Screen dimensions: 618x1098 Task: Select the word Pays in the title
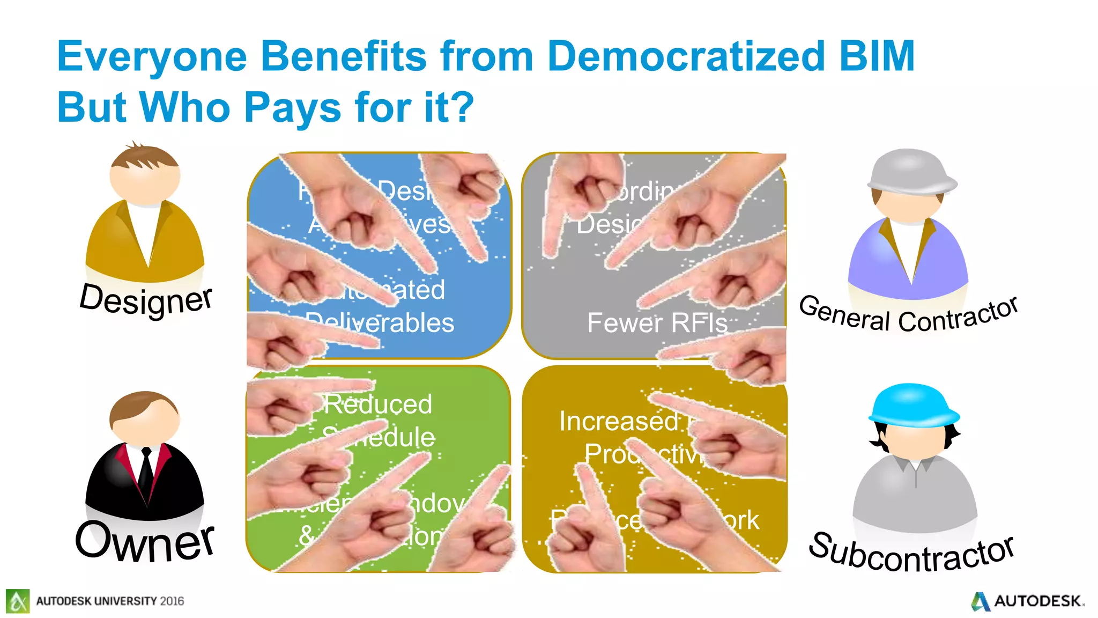[293, 107]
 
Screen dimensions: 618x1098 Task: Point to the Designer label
[146, 300]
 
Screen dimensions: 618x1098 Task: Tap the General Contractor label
[908, 315]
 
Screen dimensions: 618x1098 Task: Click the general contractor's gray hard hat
[911, 172]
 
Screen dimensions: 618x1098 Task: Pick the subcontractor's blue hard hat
[913, 406]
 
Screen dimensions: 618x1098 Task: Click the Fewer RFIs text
[657, 323]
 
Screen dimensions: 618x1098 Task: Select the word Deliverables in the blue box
[381, 323]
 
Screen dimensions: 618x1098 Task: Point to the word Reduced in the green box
[379, 404]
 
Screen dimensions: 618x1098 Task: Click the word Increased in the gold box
[619, 421]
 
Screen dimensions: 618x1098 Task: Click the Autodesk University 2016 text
[110, 601]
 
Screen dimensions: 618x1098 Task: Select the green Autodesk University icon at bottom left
[18, 601]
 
